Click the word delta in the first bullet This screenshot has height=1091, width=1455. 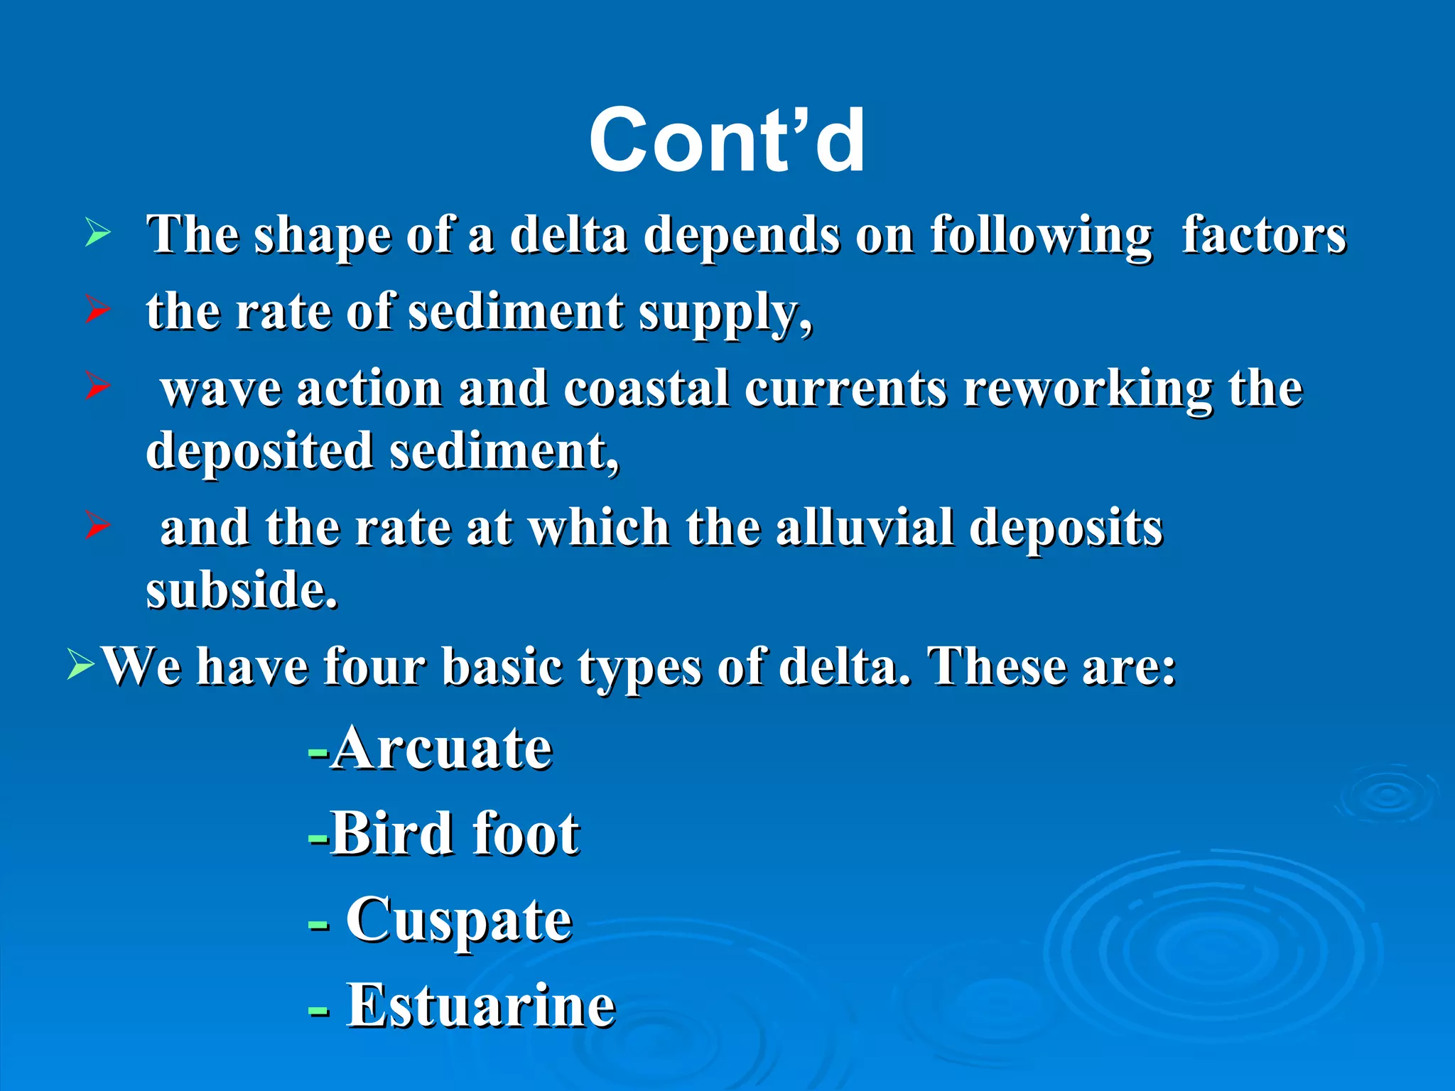[568, 234]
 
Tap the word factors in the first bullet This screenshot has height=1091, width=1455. [1263, 234]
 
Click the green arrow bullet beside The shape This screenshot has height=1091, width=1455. [97, 232]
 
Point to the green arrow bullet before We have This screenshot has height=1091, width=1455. [80, 664]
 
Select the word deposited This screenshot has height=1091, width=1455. [259, 451]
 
